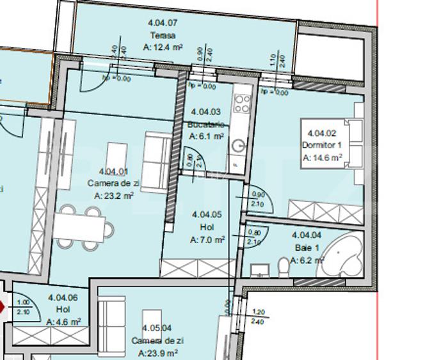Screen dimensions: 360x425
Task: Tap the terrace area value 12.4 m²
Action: coord(164,47)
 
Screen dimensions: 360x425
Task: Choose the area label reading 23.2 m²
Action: coord(113,196)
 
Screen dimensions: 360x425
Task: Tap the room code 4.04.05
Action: coord(206,215)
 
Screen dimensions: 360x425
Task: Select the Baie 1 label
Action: coord(303,248)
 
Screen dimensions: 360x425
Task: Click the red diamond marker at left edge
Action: coord(2,308)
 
